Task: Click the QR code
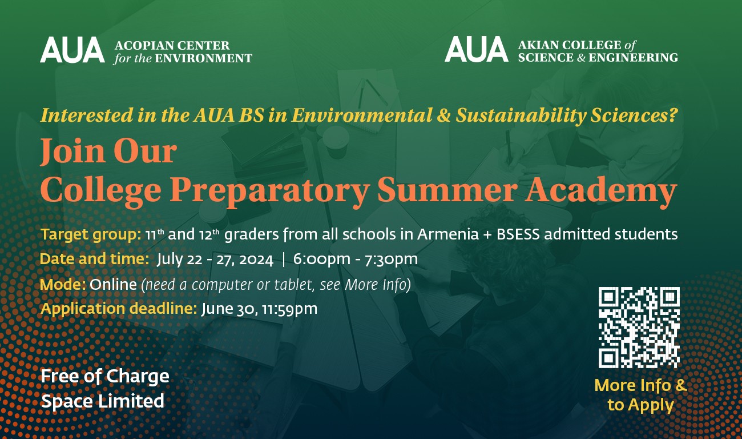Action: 639,328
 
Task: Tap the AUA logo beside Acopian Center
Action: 72,50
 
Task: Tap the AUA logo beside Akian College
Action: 477,49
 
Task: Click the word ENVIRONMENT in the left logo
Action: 203,58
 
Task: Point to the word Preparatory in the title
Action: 269,190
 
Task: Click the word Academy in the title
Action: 600,190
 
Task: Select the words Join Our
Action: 108,151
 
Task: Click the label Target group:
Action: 91,234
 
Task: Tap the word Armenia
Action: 448,234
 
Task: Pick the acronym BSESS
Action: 518,234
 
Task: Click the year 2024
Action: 256,260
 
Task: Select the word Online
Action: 113,284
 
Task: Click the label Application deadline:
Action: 119,309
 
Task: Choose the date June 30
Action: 228,309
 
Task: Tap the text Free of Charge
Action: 104,377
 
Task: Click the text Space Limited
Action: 102,401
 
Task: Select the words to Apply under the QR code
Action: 640,405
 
